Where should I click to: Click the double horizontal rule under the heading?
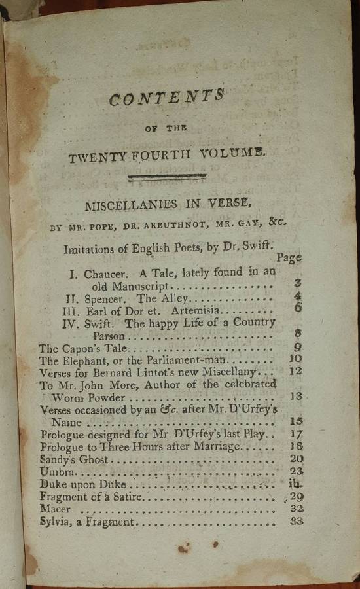[x=168, y=177]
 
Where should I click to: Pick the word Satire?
[x=128, y=497]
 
